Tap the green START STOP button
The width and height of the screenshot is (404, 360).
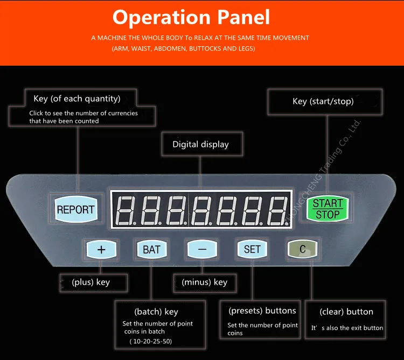tap(328, 209)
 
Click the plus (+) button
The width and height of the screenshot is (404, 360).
tap(101, 249)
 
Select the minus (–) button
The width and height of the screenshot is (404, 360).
tap(202, 249)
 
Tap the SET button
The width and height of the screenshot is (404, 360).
tap(252, 249)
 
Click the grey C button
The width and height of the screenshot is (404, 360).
tap(303, 249)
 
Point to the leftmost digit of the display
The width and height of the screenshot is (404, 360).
tap(126, 210)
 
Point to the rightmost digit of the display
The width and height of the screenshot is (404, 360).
tap(278, 210)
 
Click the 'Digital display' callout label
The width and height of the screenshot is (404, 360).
tap(200, 144)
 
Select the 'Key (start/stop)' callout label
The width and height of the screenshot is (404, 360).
tap(323, 101)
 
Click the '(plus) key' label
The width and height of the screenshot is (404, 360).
tap(91, 283)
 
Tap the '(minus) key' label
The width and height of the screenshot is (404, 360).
tap(205, 283)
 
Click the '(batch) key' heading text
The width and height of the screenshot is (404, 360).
tap(156, 312)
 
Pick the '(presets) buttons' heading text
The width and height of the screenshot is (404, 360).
tap(262, 311)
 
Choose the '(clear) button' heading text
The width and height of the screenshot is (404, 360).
tap(346, 312)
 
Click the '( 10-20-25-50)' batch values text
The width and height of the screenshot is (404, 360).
tap(151, 342)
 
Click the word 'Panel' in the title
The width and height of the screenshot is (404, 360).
tap(243, 17)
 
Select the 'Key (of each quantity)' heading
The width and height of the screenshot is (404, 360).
tap(77, 98)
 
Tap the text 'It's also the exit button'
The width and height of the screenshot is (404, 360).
tap(347, 328)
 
